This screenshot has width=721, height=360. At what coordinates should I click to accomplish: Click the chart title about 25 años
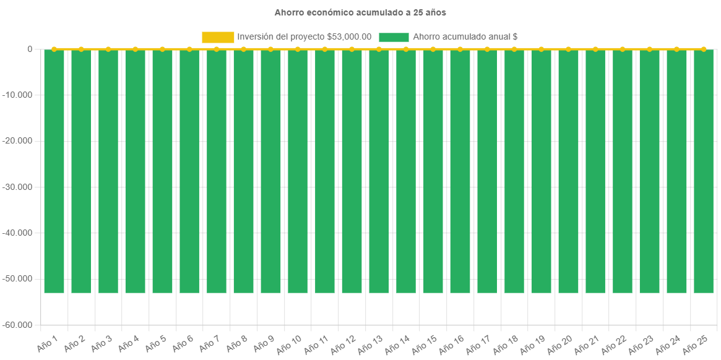click(x=360, y=12)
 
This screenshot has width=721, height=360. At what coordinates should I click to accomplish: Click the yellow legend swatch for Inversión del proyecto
click(x=218, y=37)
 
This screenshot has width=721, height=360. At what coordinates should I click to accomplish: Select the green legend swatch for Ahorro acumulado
click(x=394, y=37)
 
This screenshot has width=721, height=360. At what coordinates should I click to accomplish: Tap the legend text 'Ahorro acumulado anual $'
click(x=465, y=37)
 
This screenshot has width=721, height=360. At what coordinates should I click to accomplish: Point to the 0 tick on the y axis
click(x=30, y=49)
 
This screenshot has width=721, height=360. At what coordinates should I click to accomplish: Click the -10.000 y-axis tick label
click(x=20, y=95)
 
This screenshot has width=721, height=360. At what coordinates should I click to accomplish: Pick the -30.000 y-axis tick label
click(x=20, y=187)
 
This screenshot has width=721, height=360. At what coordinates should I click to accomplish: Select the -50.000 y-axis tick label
click(x=20, y=279)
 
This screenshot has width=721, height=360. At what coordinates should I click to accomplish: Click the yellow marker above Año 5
click(x=162, y=49)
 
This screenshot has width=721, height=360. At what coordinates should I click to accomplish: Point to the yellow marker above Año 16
click(x=460, y=49)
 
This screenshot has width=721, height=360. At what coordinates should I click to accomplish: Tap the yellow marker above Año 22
click(x=623, y=49)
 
